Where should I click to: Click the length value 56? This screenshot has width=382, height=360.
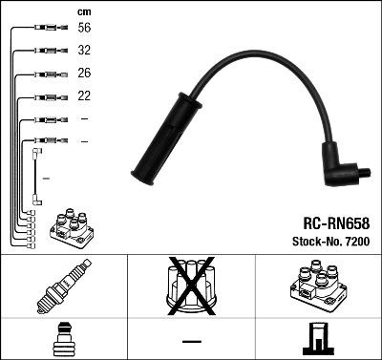click(83, 29)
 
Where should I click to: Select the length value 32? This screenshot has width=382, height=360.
click(83, 51)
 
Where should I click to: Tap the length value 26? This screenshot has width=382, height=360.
click(83, 74)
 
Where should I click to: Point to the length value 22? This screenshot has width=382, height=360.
click(83, 96)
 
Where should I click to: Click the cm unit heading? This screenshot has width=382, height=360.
click(83, 11)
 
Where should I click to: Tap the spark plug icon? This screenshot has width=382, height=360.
click(63, 287)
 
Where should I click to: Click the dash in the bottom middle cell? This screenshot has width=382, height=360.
click(192, 341)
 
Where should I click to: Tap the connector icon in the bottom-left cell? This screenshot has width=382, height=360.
click(62, 341)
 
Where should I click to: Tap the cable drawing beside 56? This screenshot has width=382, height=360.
click(47, 29)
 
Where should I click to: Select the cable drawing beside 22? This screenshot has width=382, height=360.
click(47, 96)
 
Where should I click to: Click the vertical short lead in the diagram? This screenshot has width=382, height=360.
click(37, 176)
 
